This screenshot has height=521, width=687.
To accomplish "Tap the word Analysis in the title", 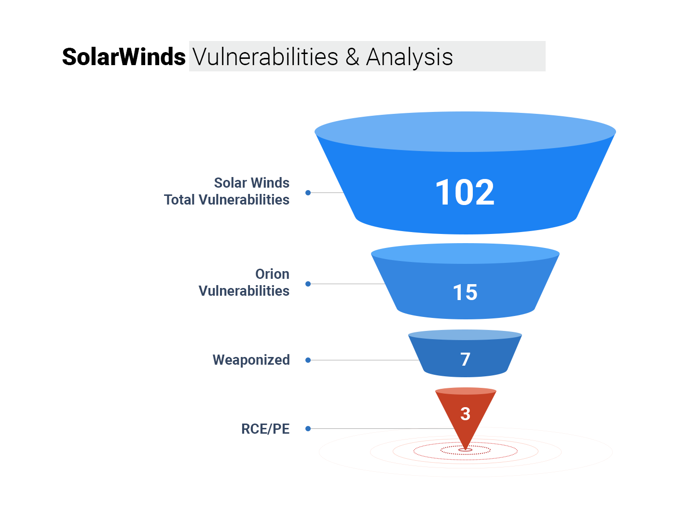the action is coord(410,57).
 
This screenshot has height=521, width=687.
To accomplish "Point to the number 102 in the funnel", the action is coord(465,192).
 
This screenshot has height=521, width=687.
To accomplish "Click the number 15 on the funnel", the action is coord(465,292).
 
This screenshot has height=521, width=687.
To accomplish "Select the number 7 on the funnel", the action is coord(466,359).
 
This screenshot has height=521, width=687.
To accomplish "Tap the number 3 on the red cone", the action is coord(466,413).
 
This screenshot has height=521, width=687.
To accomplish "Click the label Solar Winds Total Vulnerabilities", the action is coord(227,191).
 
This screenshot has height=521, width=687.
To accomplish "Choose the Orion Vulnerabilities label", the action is coord(244,282).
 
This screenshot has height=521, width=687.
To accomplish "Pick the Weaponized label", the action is coord(251,360).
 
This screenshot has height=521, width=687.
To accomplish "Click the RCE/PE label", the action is coord(265,429).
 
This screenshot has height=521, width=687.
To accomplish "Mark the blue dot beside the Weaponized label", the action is coord(308,360).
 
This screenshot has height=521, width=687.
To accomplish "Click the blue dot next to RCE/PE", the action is coord(308,429).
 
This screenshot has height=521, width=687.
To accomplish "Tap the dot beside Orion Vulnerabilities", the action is coord(308,284).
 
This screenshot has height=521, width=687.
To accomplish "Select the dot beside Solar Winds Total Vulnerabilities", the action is coord(308,193).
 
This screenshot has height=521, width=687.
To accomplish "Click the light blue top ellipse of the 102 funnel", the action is coord(465,132).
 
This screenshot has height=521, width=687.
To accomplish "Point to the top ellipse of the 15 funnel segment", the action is coord(465,253).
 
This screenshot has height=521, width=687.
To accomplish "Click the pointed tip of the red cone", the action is coord(466,450).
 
